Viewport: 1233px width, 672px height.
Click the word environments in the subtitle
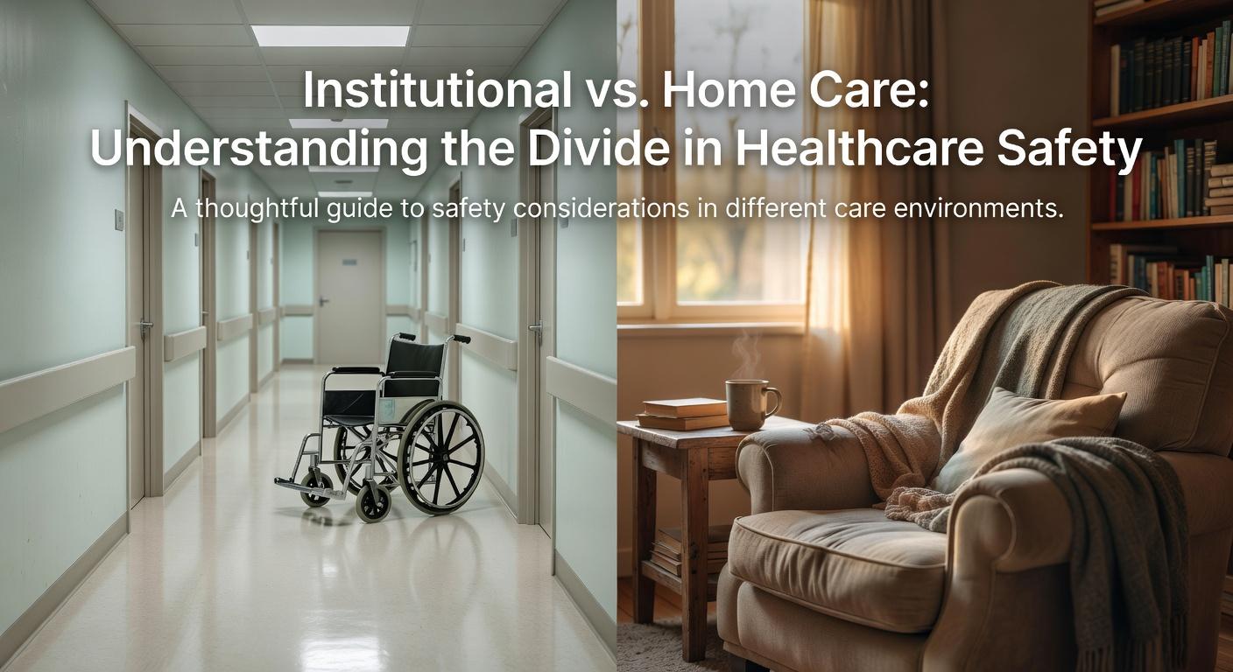click(x=971, y=211)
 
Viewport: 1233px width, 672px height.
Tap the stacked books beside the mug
click(x=684, y=412)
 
